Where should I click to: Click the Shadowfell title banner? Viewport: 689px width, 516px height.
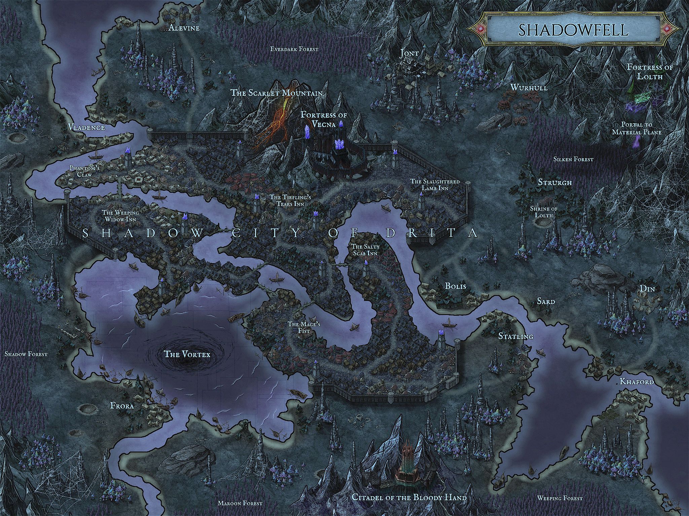(573, 30)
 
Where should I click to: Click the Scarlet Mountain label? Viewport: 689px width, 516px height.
(277, 93)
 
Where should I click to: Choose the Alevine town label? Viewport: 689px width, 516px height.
(184, 28)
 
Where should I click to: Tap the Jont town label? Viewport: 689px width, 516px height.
(409, 53)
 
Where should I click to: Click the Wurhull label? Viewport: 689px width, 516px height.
(529, 88)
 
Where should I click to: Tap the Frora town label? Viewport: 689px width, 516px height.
(122, 406)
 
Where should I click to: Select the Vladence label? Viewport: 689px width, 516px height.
(86, 127)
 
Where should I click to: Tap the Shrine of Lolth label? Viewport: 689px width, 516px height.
(544, 212)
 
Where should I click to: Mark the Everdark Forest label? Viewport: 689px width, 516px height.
(294, 49)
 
